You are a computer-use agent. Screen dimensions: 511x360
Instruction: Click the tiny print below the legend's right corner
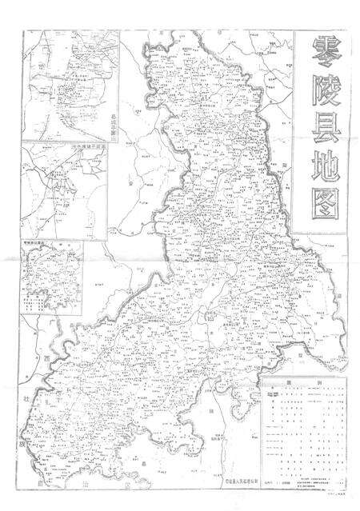pyautogui.click(x=337, y=495)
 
